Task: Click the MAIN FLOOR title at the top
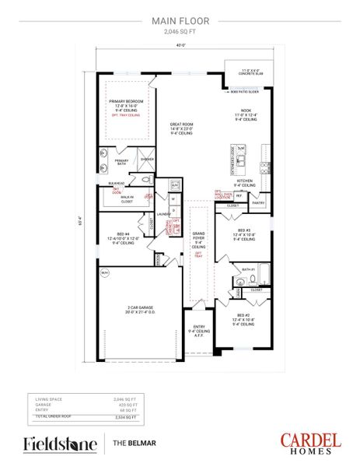pos(180,23)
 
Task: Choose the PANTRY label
pos(259,203)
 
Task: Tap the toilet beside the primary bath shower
pos(146,177)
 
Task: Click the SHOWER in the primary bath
pos(146,159)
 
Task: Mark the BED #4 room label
pos(123,237)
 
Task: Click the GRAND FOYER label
pos(199,237)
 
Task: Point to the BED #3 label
pos(244,231)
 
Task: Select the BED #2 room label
pos(243,316)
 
